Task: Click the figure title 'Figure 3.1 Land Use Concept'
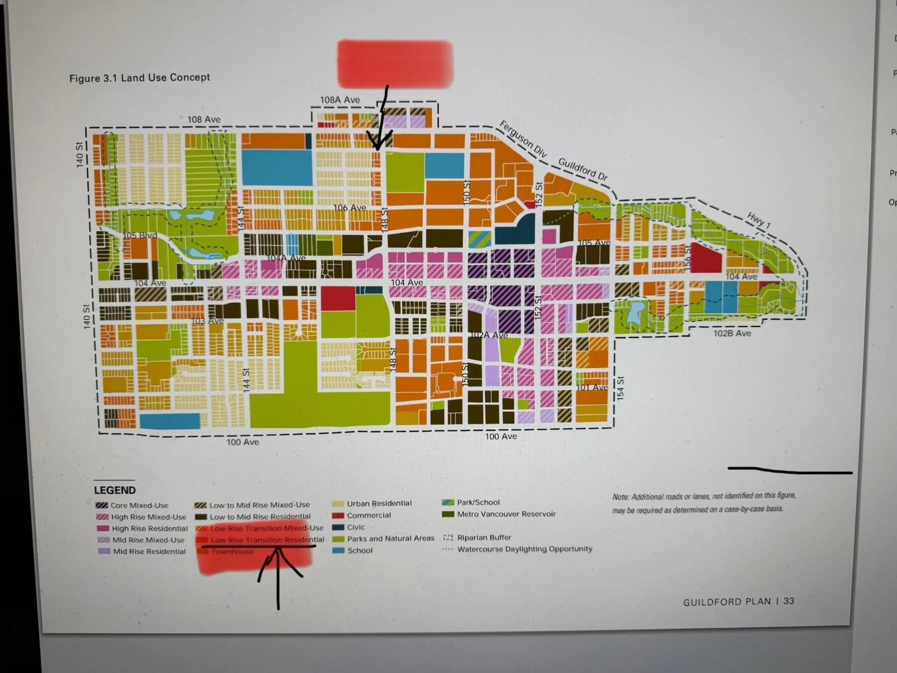139,78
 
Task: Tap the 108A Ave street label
340,100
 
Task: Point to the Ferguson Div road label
523,139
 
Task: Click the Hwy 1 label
758,220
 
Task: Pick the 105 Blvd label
140,235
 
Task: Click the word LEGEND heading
115,490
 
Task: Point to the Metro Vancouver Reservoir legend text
506,514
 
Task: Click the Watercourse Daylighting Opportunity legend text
524,549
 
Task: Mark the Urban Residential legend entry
379,503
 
